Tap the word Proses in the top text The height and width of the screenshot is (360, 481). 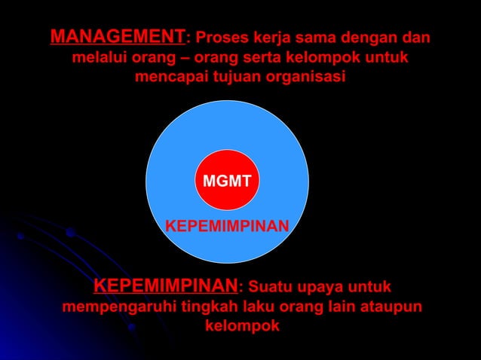(x=221, y=37)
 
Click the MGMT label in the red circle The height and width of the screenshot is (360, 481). (x=226, y=181)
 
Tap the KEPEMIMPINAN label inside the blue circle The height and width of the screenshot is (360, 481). (x=227, y=226)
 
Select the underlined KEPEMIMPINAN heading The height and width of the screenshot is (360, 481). (x=165, y=287)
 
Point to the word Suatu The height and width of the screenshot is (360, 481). (x=271, y=288)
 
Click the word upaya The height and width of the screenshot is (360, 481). (x=325, y=288)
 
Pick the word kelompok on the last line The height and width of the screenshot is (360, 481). (x=241, y=327)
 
